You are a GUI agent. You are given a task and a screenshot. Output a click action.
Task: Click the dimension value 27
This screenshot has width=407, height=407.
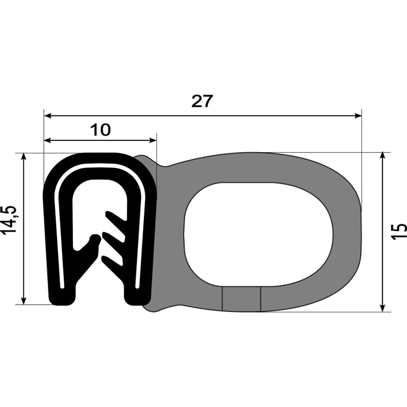point(202,101)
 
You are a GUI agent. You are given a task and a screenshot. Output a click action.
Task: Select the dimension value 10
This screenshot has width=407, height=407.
point(100,130)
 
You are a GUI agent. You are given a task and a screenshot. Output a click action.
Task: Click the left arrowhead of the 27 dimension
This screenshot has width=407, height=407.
point(48,116)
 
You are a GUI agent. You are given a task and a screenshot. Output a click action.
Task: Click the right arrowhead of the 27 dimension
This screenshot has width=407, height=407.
point(358,116)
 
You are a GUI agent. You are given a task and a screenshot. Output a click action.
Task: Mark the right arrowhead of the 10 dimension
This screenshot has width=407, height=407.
point(153,140)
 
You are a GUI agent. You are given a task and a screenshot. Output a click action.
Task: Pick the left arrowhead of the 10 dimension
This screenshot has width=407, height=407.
point(48,140)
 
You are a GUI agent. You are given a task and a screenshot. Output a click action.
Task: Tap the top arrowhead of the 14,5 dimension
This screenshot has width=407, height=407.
point(23,157)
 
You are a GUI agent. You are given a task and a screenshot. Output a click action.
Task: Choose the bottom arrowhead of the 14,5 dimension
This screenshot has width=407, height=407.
point(23,301)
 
